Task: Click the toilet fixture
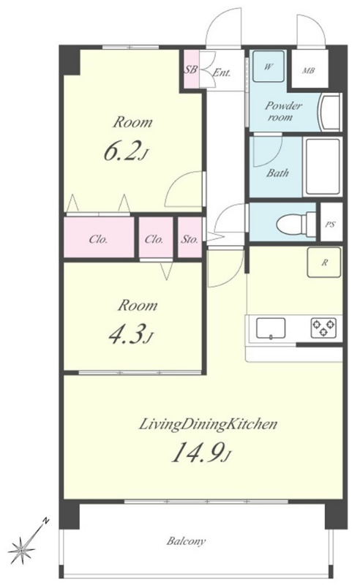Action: (x=296, y=224)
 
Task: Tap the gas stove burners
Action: (x=323, y=328)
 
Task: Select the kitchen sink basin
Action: (x=271, y=328)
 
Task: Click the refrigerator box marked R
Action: (x=324, y=263)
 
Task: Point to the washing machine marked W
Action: (x=269, y=66)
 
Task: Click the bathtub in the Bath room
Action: (x=323, y=167)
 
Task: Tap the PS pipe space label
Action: (x=330, y=224)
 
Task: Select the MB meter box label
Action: (x=309, y=70)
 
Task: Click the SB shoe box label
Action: (x=191, y=69)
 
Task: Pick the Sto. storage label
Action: (x=190, y=239)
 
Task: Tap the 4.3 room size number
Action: (x=127, y=335)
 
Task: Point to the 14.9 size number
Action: (x=198, y=452)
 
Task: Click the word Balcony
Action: (x=186, y=541)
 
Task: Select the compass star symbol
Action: (x=23, y=550)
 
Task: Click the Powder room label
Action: (x=283, y=111)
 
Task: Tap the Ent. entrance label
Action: (x=222, y=72)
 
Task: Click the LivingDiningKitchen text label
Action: (x=208, y=424)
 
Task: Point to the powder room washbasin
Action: (x=330, y=112)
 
